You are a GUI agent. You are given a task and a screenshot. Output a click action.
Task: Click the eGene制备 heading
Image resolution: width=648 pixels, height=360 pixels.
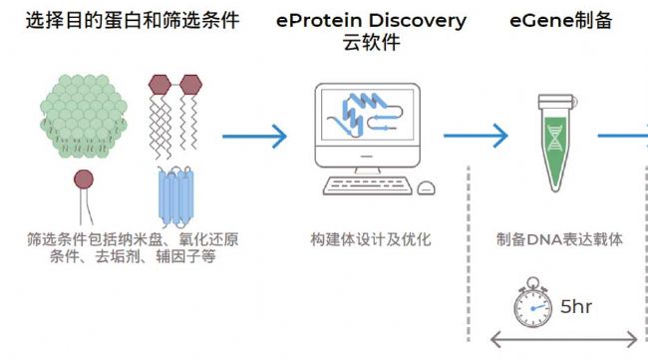point(562,20)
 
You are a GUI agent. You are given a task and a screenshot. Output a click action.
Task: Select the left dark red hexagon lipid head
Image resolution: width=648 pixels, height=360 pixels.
point(160,84)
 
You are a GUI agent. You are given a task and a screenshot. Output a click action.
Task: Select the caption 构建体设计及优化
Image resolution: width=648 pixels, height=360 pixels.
point(371,239)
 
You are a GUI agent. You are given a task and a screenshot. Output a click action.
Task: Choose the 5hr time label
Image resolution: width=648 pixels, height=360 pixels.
point(577,306)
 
